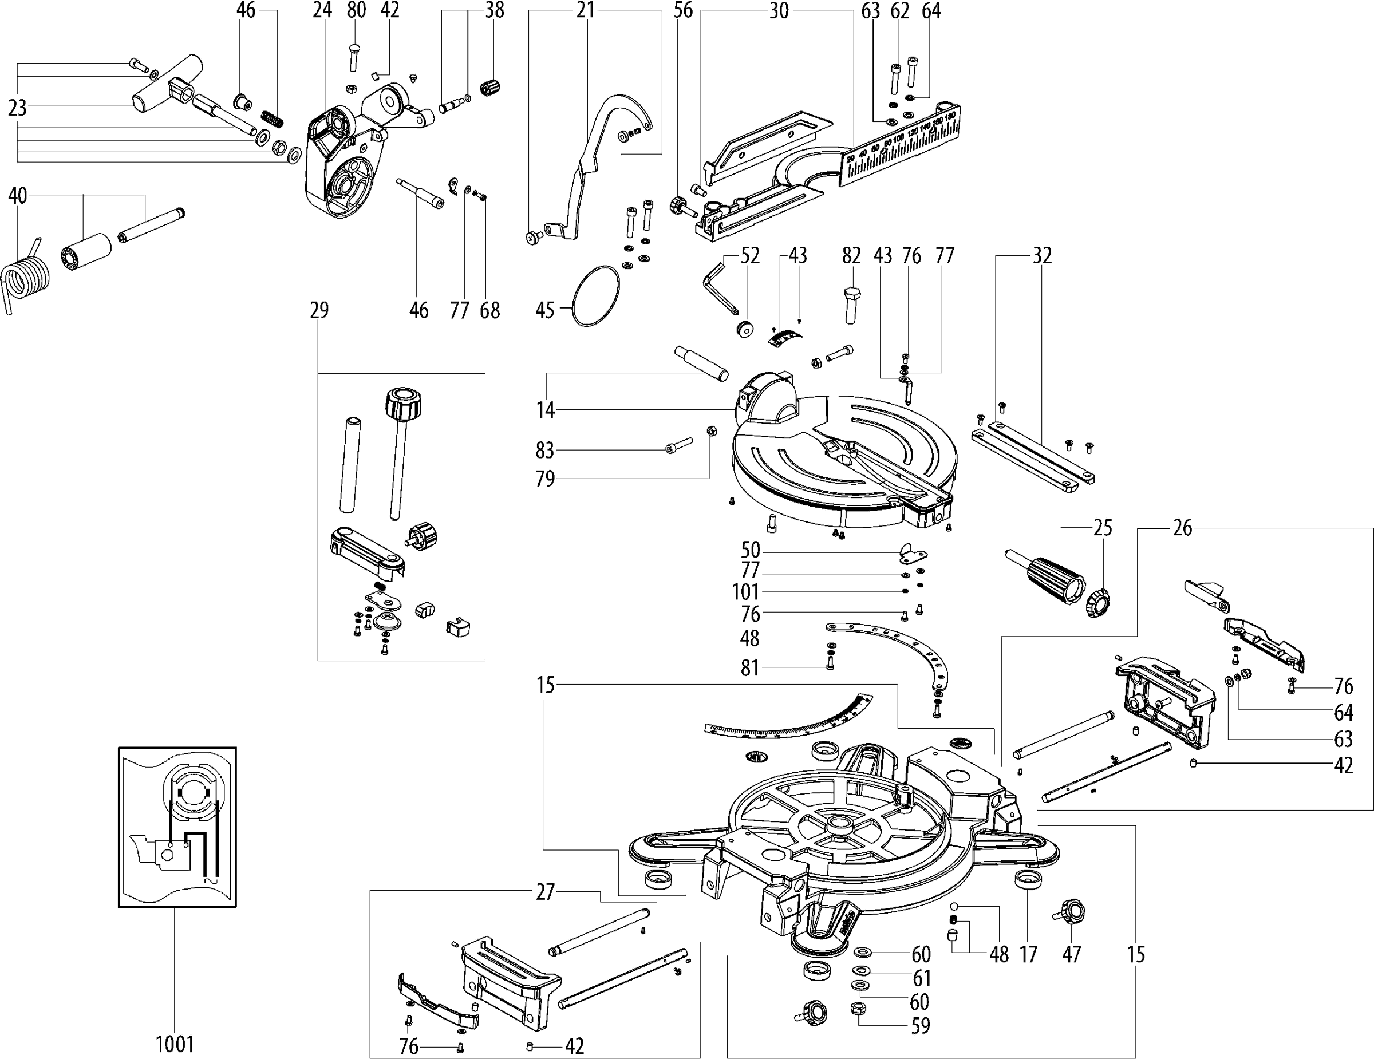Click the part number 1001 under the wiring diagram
pos(175,1045)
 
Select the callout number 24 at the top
pos(322,10)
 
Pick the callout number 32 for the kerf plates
pos(1043,256)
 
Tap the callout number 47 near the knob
pos(1071,955)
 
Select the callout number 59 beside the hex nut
pos(921,1026)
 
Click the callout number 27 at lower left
pos(545,892)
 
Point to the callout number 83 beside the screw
pos(545,451)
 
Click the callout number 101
pos(746,592)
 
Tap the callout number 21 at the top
pos(585,10)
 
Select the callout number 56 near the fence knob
pos(682,10)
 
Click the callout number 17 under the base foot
pos(1028,955)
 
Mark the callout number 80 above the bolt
pos(356,10)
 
